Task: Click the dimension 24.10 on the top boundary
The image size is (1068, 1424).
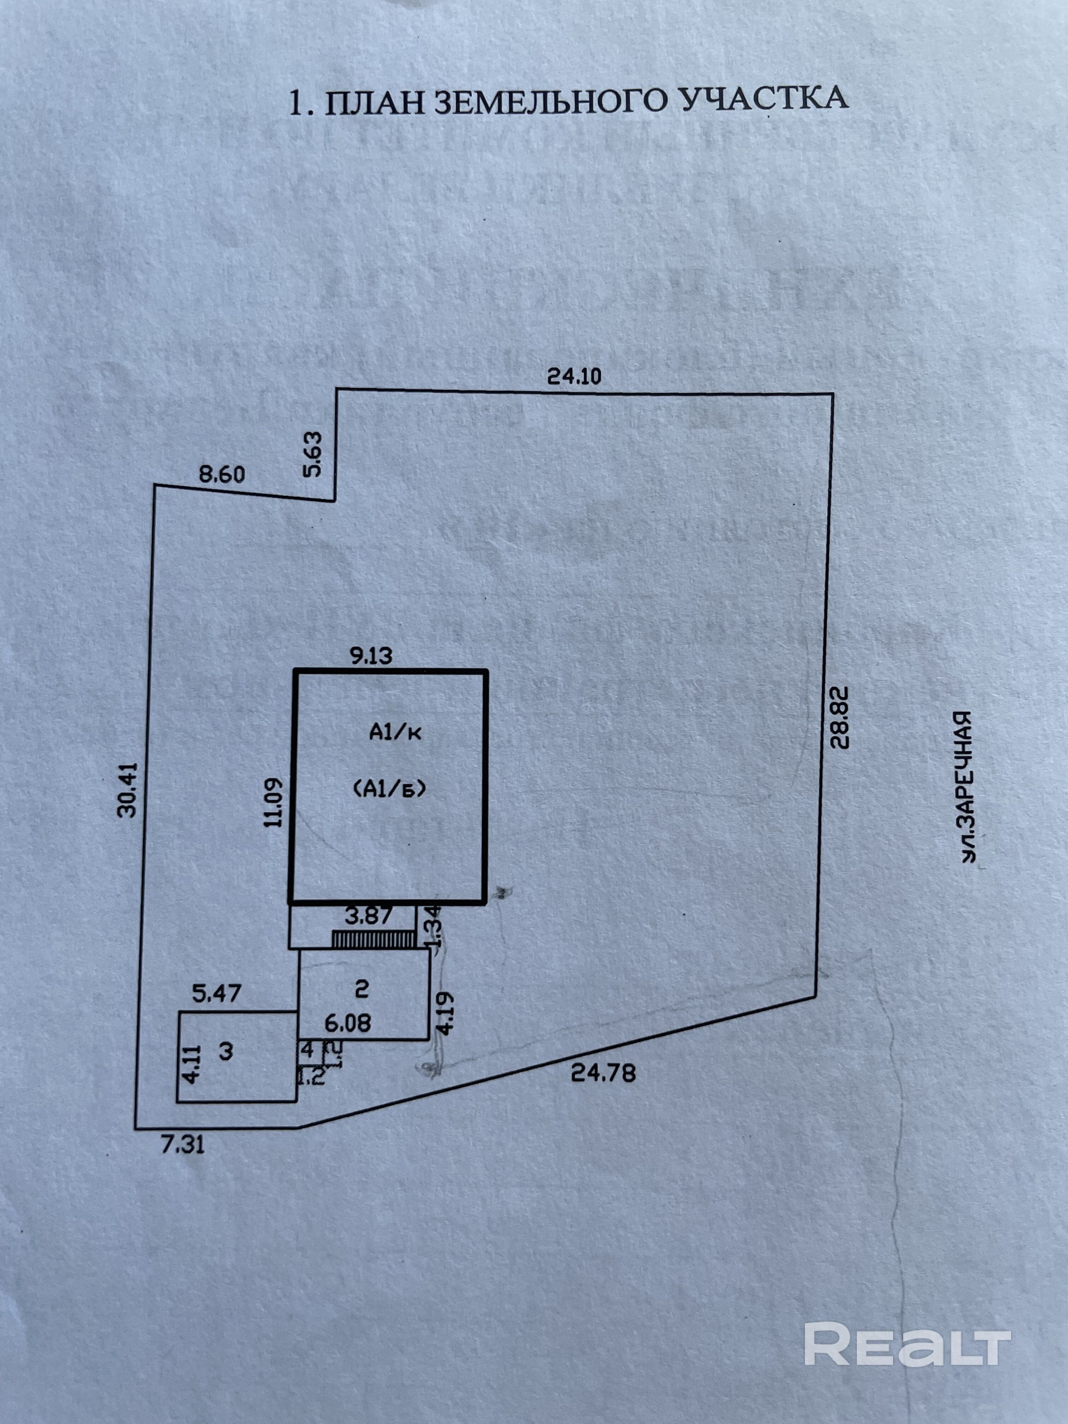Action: click(574, 375)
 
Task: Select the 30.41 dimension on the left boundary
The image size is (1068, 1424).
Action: click(128, 789)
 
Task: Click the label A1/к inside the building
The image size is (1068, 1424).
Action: click(394, 732)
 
